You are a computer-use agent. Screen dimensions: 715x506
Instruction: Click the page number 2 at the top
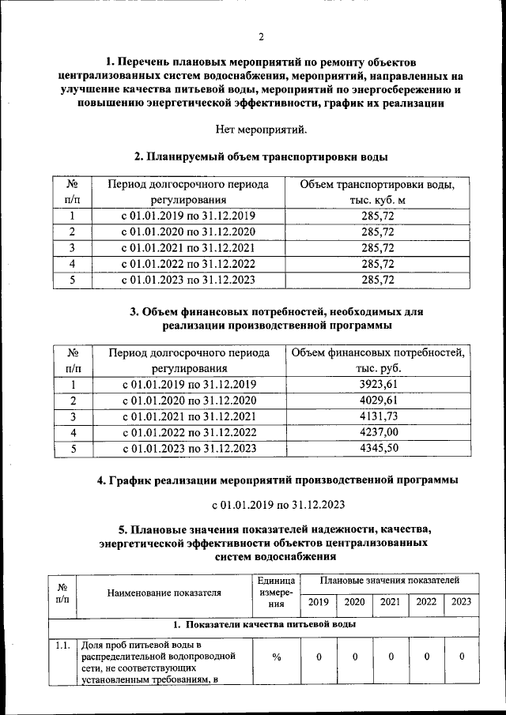261,36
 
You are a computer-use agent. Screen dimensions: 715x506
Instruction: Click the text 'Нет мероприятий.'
260,129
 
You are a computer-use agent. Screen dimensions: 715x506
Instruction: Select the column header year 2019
318,601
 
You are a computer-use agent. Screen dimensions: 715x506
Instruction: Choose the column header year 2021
390,601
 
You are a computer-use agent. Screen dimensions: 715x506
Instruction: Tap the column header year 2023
461,601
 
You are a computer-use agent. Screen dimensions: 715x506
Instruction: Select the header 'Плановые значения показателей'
389,580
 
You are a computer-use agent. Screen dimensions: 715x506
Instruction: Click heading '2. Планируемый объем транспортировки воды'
260,156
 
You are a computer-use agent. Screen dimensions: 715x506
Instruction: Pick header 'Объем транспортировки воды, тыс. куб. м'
377,192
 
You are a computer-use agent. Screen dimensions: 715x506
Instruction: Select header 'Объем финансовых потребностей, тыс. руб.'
377,360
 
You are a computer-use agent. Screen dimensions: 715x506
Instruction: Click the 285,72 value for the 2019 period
377,216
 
